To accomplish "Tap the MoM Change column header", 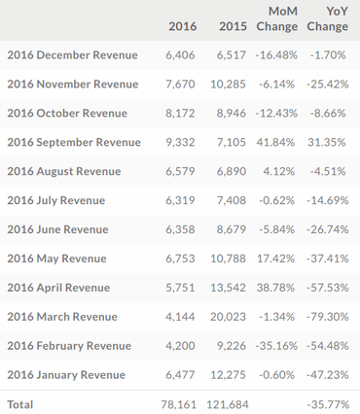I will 277,17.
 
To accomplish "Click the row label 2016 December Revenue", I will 72,55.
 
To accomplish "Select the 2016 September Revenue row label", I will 74,142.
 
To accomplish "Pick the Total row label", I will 20,403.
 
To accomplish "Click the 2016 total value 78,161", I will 179,403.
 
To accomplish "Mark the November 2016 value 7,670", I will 182,85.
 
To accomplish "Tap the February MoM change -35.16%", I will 276,346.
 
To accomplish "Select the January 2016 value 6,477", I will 182,375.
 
